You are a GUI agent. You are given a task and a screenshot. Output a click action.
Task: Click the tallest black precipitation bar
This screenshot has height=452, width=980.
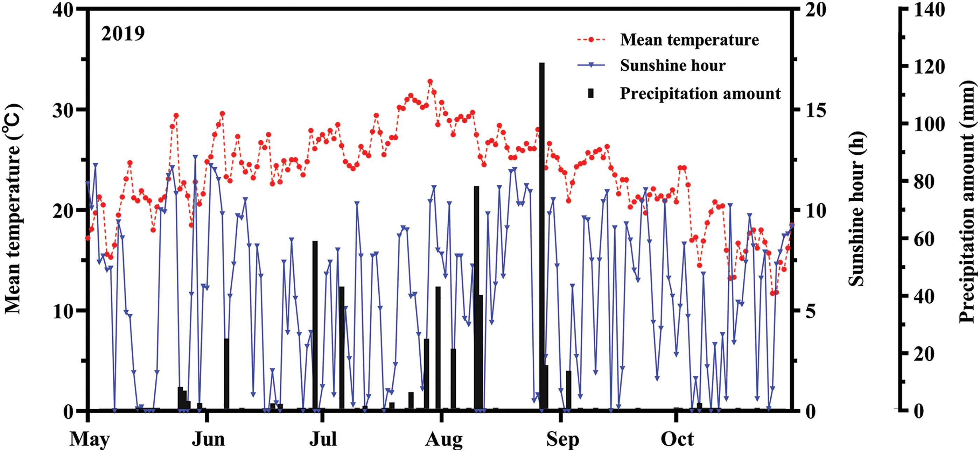542,236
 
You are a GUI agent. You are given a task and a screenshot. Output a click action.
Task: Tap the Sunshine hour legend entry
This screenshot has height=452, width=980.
673,65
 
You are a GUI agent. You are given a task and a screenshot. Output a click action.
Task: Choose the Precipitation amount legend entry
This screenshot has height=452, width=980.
700,93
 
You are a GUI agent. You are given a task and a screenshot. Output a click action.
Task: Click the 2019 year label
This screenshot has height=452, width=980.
123,34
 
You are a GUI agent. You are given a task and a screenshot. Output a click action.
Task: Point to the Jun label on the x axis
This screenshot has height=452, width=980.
208,439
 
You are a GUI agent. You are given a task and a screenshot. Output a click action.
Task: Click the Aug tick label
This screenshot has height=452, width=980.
444,440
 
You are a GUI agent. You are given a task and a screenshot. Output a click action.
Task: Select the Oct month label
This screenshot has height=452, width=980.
677,439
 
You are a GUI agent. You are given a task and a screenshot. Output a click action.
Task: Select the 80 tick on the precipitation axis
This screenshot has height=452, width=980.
924,182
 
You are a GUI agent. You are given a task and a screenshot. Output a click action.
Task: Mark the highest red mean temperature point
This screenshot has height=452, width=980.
430,82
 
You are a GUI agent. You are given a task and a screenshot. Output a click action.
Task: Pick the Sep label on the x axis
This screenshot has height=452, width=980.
563,440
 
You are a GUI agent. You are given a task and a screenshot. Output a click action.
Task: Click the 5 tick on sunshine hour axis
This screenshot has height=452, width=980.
811,311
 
